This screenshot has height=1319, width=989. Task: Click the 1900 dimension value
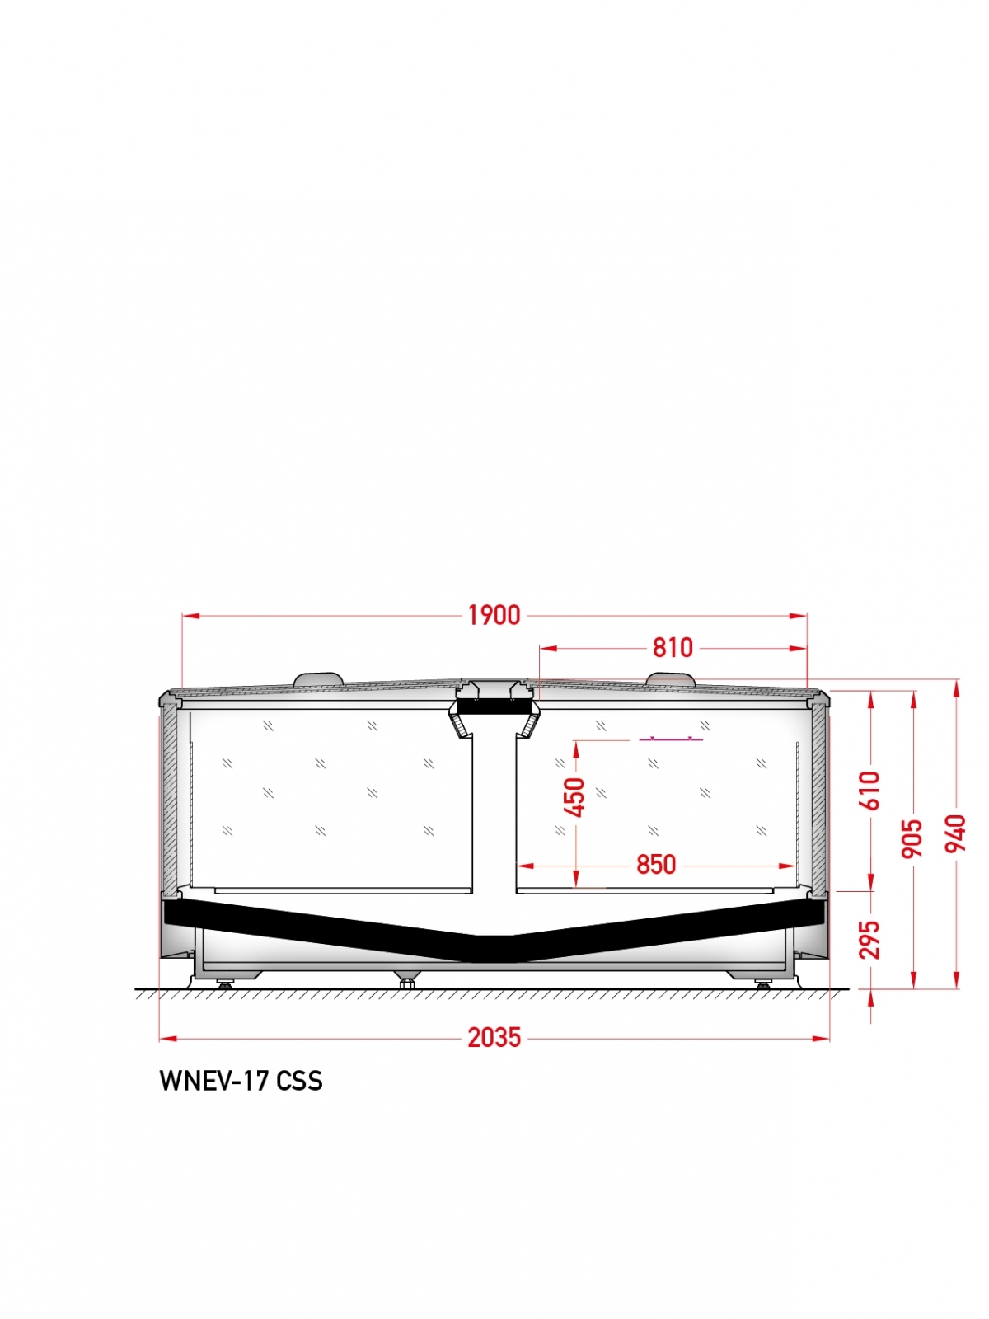tap(494, 615)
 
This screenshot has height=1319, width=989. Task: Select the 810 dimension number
tap(673, 648)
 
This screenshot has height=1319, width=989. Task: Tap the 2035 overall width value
tap(494, 1038)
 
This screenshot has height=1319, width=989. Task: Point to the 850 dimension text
tap(656, 865)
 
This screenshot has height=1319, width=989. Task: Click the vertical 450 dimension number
tap(574, 797)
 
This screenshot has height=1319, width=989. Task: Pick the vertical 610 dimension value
tap(870, 791)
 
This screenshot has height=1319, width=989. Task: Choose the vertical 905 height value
tap(912, 838)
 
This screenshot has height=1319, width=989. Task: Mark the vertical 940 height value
tap(955, 833)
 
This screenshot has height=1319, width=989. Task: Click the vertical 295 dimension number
tap(870, 939)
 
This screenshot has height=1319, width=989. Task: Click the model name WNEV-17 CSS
tap(241, 1097)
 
